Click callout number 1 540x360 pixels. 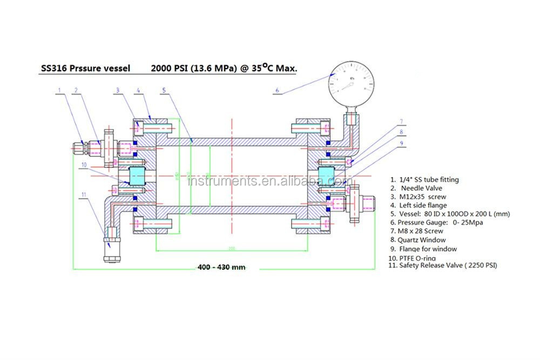[x=59, y=90]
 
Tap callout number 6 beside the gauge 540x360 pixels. [x=277, y=91]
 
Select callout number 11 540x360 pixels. [x=84, y=194]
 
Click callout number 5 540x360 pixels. [x=164, y=90]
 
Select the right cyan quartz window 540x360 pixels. [x=327, y=175]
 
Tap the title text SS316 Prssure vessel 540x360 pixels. [x=86, y=69]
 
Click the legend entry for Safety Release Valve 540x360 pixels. [x=443, y=265]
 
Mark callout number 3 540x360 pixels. [x=117, y=90]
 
